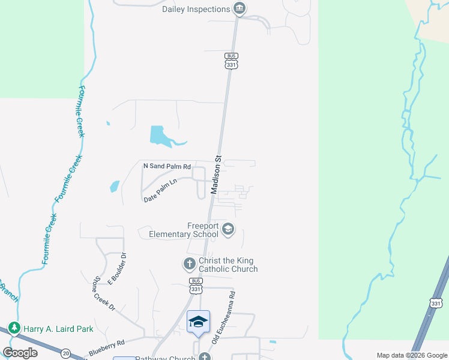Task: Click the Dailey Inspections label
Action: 196,9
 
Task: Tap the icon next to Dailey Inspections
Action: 240,8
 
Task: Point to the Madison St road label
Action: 217,175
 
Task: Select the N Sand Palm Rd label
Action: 167,166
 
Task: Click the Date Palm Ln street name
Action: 161,190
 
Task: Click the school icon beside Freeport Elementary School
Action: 228,229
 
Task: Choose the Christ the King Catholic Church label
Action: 228,265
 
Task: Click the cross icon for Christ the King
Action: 189,263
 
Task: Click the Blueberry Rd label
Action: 106,346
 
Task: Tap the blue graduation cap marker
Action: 198,322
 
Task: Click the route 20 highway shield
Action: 65,353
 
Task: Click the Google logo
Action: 20,353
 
